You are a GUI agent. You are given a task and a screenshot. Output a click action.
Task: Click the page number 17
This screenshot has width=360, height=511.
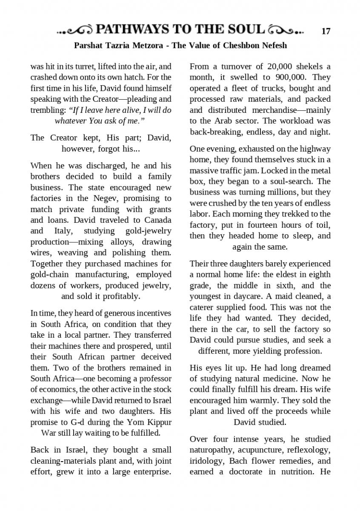click(326, 31)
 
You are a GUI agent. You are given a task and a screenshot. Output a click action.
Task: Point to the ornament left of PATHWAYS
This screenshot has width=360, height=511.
click(75, 30)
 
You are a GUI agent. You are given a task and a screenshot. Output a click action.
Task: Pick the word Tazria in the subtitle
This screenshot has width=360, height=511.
click(117, 45)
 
